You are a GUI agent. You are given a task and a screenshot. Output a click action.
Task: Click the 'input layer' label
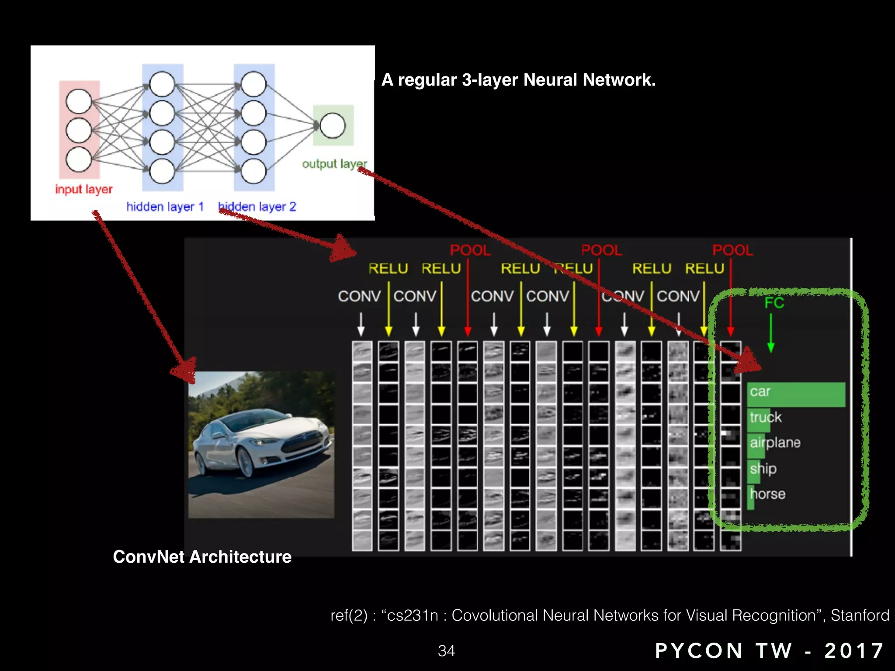(x=83, y=189)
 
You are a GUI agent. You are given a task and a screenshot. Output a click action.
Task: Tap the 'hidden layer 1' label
(x=165, y=206)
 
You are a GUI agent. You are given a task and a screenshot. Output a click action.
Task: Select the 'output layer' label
(x=334, y=164)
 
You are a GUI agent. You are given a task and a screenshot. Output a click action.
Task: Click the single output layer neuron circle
(x=333, y=126)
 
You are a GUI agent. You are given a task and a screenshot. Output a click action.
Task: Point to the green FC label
(x=774, y=303)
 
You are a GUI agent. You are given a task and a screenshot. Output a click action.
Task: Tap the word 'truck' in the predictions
(x=766, y=417)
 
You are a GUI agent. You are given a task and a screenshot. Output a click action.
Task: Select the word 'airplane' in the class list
(x=775, y=443)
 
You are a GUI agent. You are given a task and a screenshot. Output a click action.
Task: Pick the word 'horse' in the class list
(x=768, y=494)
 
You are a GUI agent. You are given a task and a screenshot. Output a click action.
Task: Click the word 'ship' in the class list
(x=763, y=469)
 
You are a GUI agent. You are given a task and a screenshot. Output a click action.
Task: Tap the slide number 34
(x=446, y=651)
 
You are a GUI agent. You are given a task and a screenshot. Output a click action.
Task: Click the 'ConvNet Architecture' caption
(x=202, y=557)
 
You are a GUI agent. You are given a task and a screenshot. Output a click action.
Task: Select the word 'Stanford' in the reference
(x=860, y=615)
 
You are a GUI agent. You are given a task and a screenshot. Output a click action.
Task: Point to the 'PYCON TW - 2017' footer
(x=770, y=651)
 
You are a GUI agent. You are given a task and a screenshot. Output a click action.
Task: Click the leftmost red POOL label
(x=470, y=250)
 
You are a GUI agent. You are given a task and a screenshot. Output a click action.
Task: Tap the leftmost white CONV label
(x=359, y=296)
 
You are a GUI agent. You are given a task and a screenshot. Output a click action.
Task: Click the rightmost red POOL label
(x=732, y=250)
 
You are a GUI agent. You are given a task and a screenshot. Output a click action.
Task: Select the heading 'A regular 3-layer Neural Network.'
(x=518, y=80)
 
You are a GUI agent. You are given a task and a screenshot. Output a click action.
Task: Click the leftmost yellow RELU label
(x=388, y=268)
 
